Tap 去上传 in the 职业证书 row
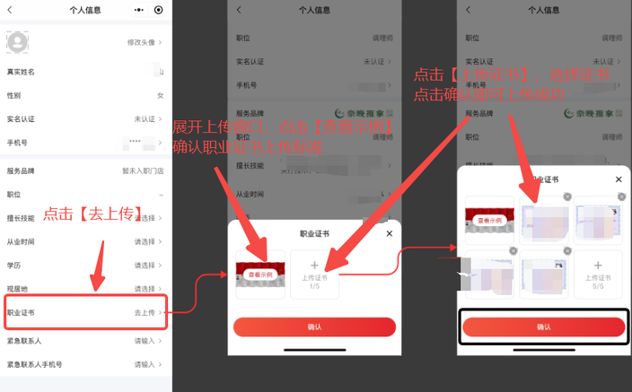pos(144,312)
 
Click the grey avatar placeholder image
pos(17,41)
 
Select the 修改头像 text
pos(143,42)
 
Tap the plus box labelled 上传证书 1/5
pos(314,274)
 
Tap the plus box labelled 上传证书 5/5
pos(598,274)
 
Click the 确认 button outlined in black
pos(542,327)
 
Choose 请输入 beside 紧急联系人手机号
pos(144,364)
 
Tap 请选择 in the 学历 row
pos(144,265)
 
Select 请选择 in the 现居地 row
pos(144,288)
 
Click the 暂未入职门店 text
pos(143,170)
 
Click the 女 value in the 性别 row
pos(161,95)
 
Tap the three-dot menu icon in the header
pos(137,10)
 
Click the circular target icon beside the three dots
pos(159,10)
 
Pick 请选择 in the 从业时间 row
pos(144,241)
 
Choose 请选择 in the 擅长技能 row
pos(144,218)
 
